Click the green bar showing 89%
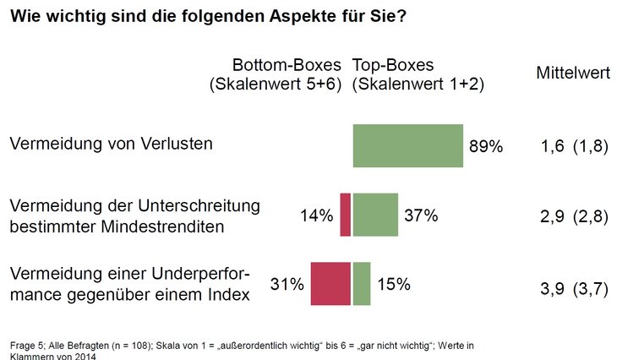pos(407,145)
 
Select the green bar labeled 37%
pos(375,215)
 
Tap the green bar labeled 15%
pos(362,283)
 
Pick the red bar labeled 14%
pos(345,215)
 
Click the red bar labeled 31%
pos(330,283)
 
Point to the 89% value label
pos(486,146)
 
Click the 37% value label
pos(421,215)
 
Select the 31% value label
pos(287,285)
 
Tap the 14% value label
pos(316,215)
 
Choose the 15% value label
pos(393,285)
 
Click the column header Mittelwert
pos(573,74)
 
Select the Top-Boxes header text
pos(392,65)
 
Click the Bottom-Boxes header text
pos(287,65)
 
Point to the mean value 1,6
pos(552,147)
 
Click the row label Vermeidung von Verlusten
pos(111,144)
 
